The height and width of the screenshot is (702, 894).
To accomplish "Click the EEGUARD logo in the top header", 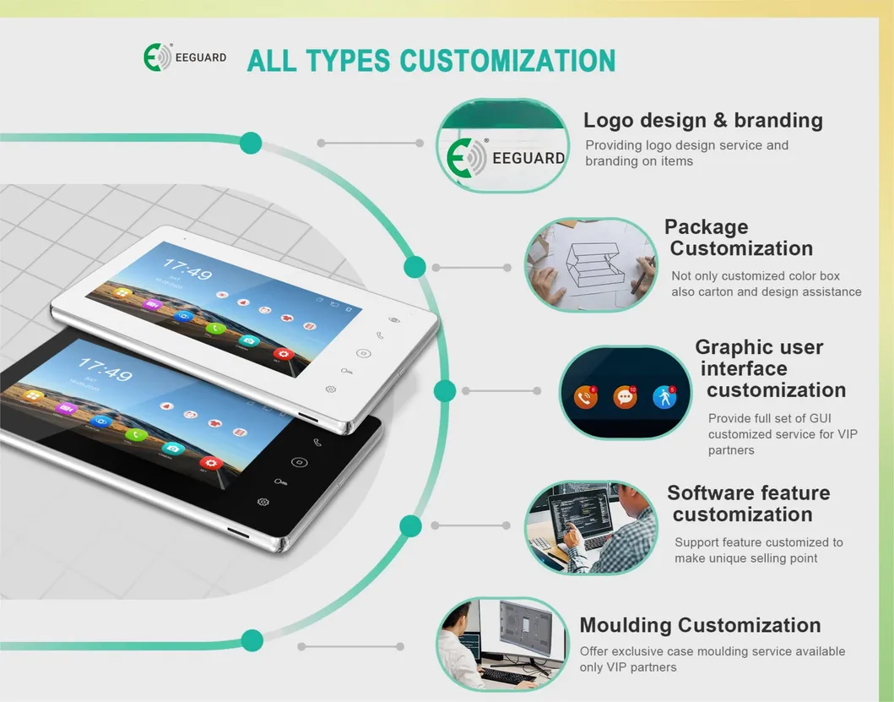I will tap(185, 58).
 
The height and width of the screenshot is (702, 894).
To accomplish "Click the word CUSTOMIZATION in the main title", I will tap(507, 61).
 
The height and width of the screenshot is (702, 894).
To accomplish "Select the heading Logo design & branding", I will tap(702, 121).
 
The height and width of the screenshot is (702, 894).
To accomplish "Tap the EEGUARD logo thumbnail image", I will tap(503, 147).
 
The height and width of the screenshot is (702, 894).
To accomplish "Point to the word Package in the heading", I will tap(706, 226).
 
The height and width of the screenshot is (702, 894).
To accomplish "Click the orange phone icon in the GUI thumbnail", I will tap(585, 396).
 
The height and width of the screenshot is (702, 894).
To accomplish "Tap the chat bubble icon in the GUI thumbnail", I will tap(625, 396).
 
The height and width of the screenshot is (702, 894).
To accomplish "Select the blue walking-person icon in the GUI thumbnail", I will tap(665, 396).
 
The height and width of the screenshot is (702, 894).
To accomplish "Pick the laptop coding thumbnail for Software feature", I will tap(591, 528).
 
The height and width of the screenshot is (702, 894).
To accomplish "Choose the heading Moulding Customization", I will tap(700, 625).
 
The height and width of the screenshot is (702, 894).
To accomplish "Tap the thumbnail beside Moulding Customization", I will tap(503, 644).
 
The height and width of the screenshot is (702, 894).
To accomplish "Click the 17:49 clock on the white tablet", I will tap(187, 272).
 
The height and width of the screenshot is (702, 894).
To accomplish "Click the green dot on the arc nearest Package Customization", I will tap(414, 267).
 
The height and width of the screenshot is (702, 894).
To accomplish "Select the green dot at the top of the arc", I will tap(251, 143).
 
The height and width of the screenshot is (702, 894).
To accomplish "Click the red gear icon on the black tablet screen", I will tap(210, 463).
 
